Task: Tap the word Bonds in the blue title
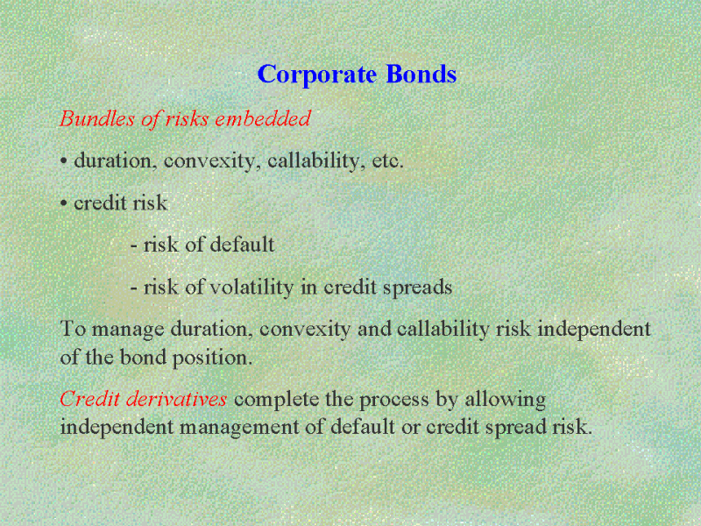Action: [421, 74]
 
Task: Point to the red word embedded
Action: [263, 118]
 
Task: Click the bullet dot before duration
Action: [64, 161]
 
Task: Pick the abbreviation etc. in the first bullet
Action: [387, 161]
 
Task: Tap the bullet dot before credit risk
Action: [64, 203]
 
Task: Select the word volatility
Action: [251, 288]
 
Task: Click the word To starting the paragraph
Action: [73, 329]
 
